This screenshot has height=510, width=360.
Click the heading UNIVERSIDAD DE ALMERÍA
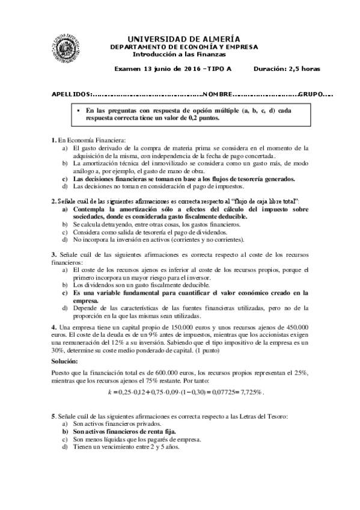180,38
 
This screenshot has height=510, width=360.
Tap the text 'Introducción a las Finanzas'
180,54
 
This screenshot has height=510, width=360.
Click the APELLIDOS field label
72,95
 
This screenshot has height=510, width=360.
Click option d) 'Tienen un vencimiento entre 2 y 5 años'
126,447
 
